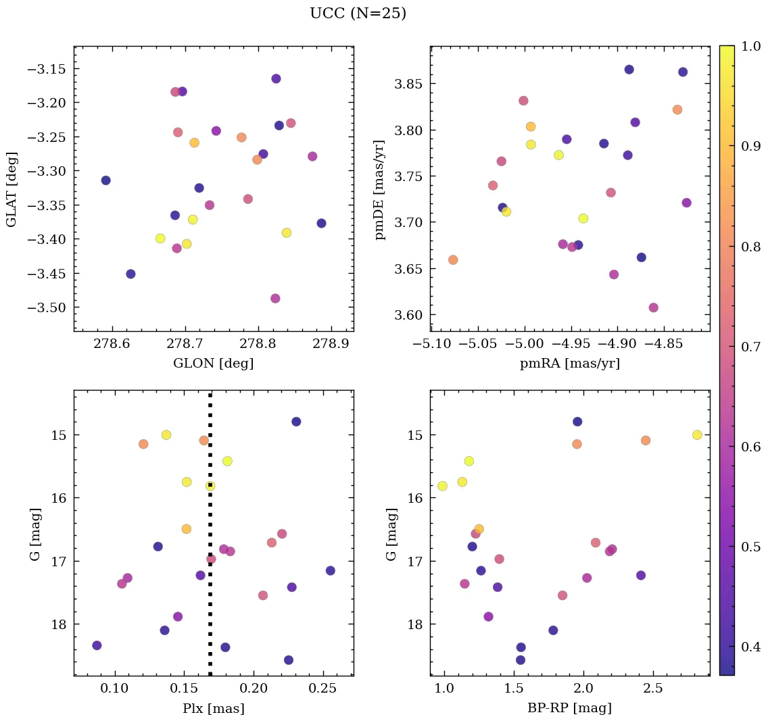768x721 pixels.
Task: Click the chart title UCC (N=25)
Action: tap(358, 14)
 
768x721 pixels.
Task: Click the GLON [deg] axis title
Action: tap(213, 364)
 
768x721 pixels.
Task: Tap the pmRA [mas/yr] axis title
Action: tap(569, 364)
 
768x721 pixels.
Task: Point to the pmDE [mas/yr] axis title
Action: tap(380, 189)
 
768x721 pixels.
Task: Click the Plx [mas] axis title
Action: tap(213, 708)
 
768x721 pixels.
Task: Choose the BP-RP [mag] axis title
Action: tap(569, 708)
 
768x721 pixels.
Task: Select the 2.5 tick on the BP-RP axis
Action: tap(653, 688)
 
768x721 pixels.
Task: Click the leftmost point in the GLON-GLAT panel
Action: tap(105, 180)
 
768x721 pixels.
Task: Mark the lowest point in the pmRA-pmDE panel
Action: tap(653, 307)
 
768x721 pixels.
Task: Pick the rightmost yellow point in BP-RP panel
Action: tap(697, 434)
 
